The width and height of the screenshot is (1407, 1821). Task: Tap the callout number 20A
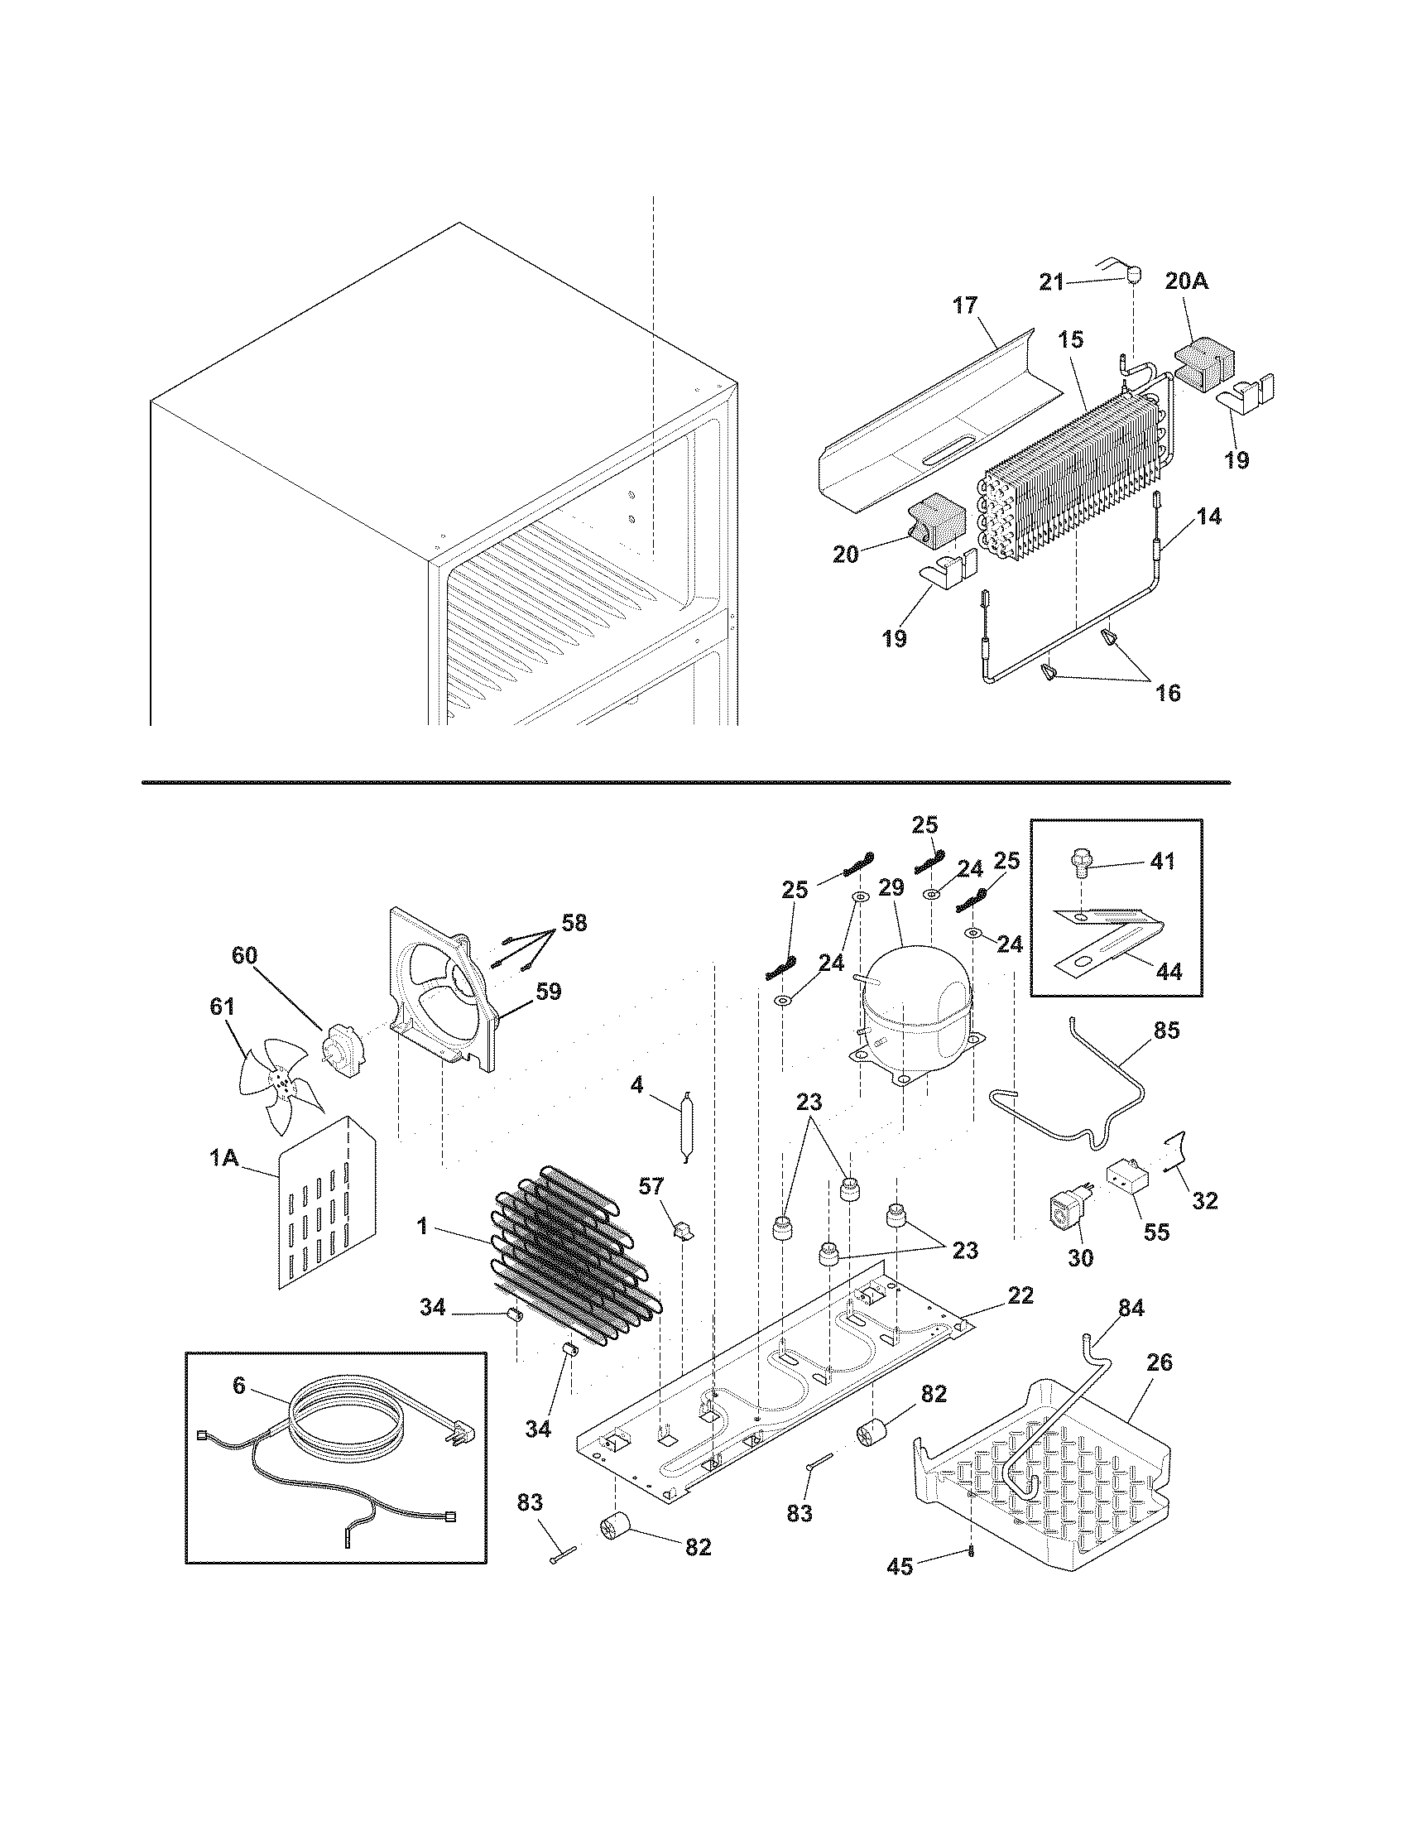1186,281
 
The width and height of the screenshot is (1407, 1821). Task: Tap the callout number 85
1167,1031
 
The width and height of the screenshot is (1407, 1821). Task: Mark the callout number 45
900,1568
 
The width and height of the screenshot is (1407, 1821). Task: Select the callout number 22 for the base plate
1020,1295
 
